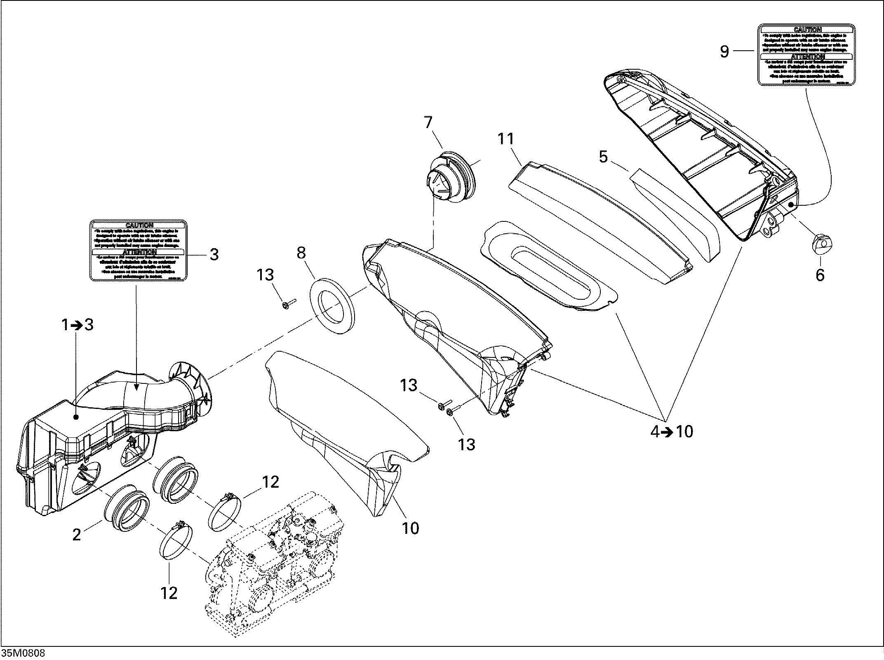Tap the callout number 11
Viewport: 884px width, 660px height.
(506, 139)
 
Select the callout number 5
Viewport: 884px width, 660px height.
(603, 157)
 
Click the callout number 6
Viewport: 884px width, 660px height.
(820, 275)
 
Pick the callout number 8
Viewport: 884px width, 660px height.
(301, 253)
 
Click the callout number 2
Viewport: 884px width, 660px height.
(77, 535)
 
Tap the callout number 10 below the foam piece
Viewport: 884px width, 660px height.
(410, 528)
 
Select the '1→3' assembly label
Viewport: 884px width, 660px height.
(78, 325)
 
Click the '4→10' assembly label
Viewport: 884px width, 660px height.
(672, 432)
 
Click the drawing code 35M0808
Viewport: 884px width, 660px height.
(24, 653)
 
